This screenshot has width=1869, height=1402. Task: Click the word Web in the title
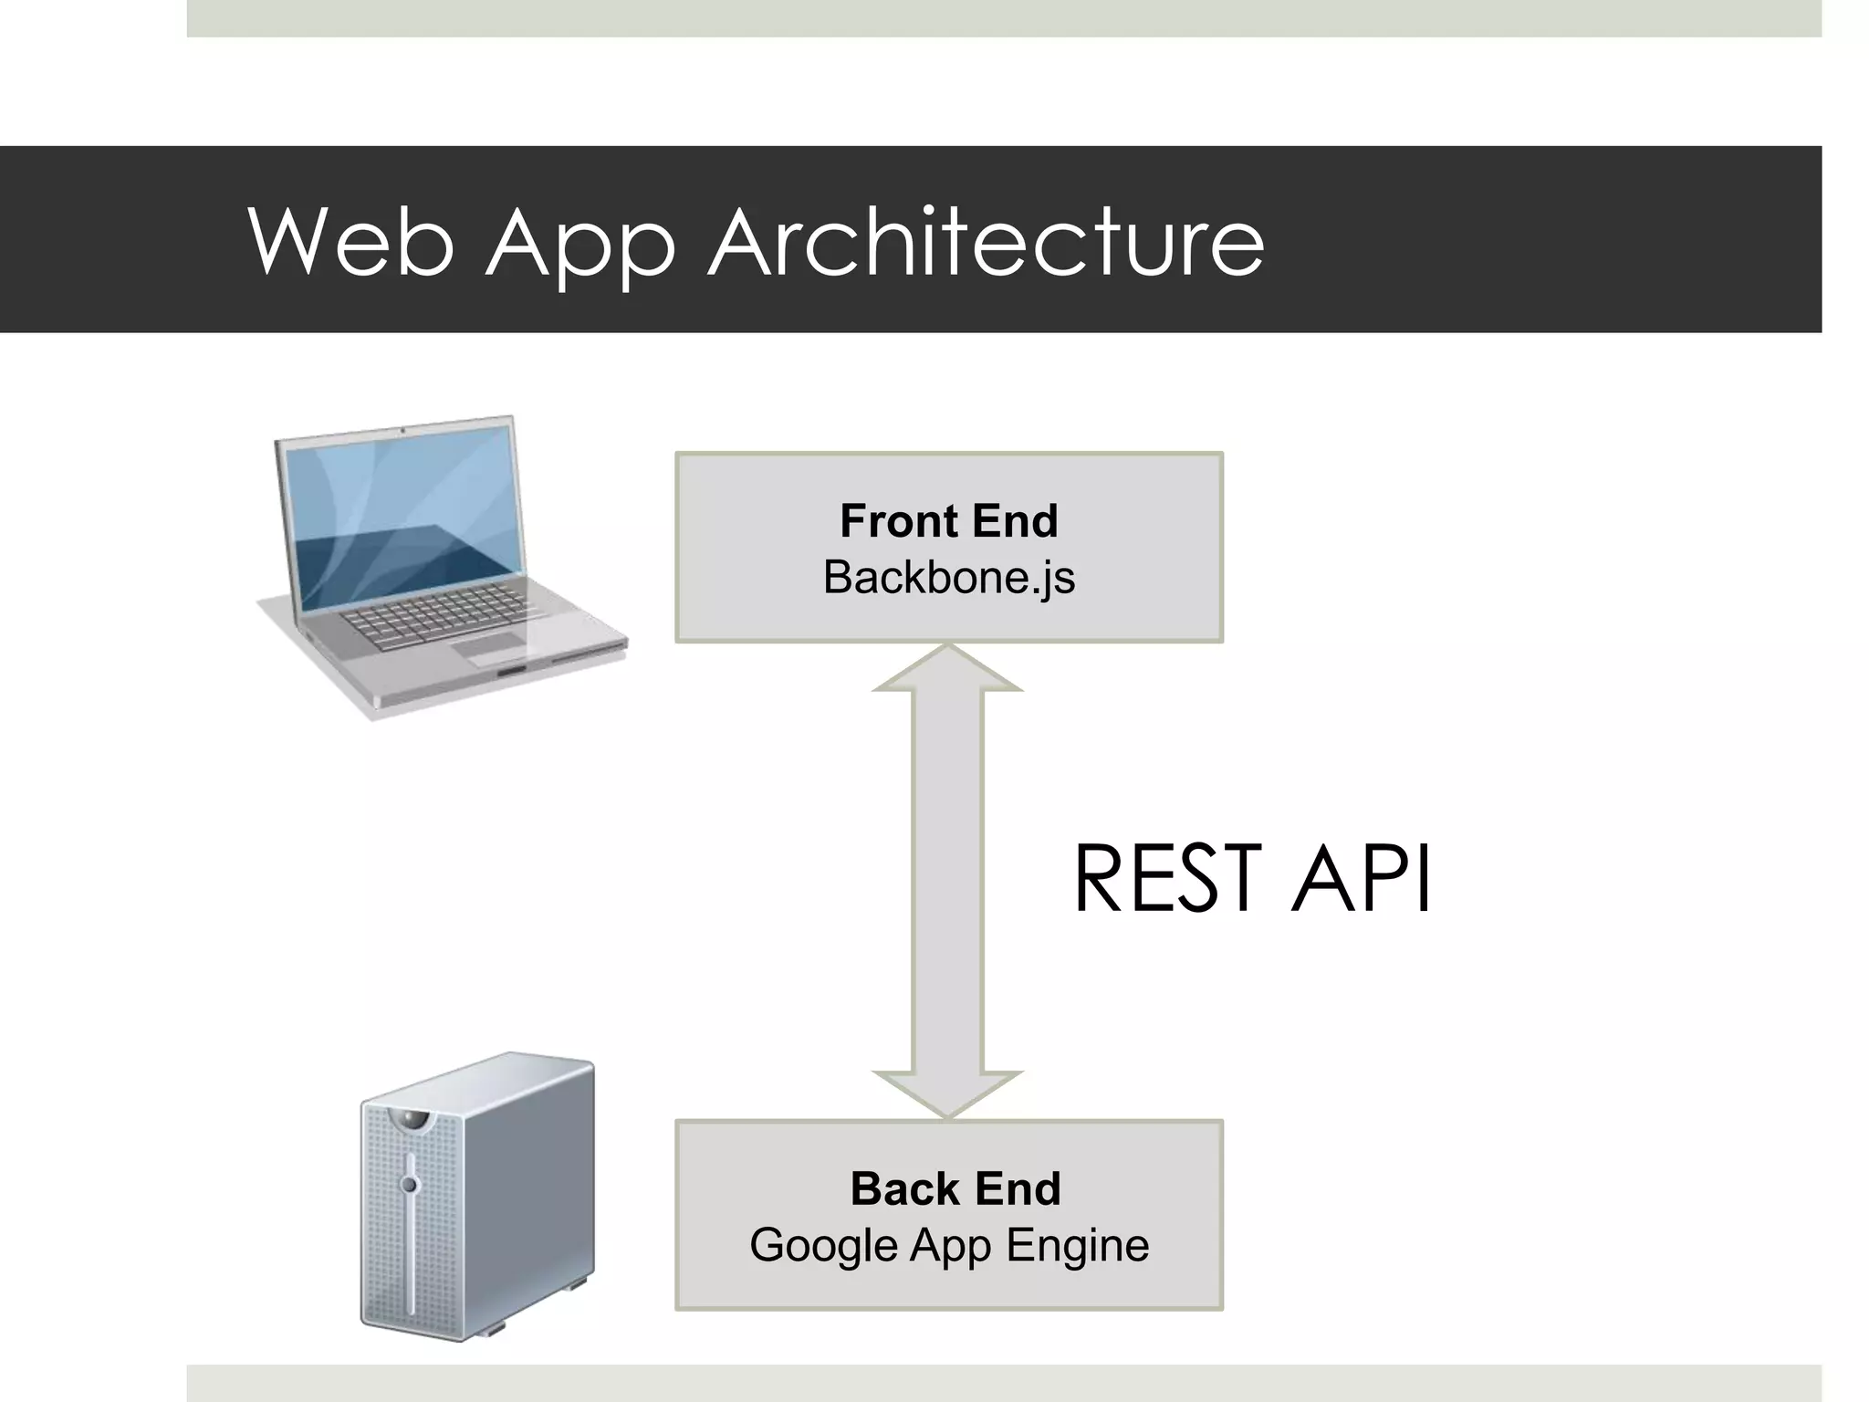click(350, 241)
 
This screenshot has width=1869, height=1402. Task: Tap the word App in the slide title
click(580, 245)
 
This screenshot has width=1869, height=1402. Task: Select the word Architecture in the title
click(987, 241)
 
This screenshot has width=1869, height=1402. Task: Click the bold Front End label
click(948, 521)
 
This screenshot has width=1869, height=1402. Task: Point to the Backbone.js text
click(948, 578)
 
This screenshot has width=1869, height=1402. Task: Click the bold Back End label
click(955, 1188)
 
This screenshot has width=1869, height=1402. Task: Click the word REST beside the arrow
click(1167, 878)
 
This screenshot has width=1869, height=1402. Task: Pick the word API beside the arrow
click(1361, 878)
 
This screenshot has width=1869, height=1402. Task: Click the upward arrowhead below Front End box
click(947, 670)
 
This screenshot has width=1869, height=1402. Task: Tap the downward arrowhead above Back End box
click(947, 1093)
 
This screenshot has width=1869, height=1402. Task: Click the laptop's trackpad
click(488, 649)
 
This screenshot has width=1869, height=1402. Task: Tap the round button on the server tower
click(409, 1185)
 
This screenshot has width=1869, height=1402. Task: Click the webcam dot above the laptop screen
click(402, 429)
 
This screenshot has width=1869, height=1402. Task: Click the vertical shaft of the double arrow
click(947, 876)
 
